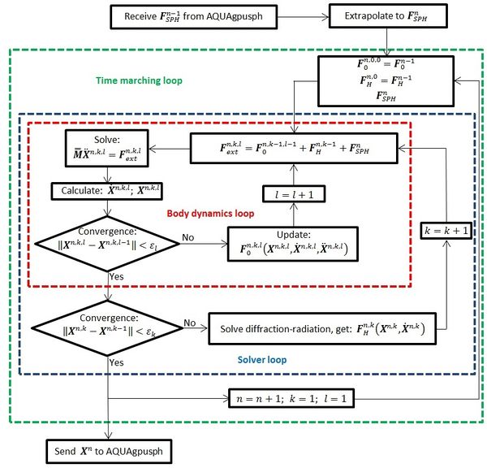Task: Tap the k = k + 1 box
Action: (447, 230)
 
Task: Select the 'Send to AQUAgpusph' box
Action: (106, 448)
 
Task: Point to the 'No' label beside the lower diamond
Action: (190, 323)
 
